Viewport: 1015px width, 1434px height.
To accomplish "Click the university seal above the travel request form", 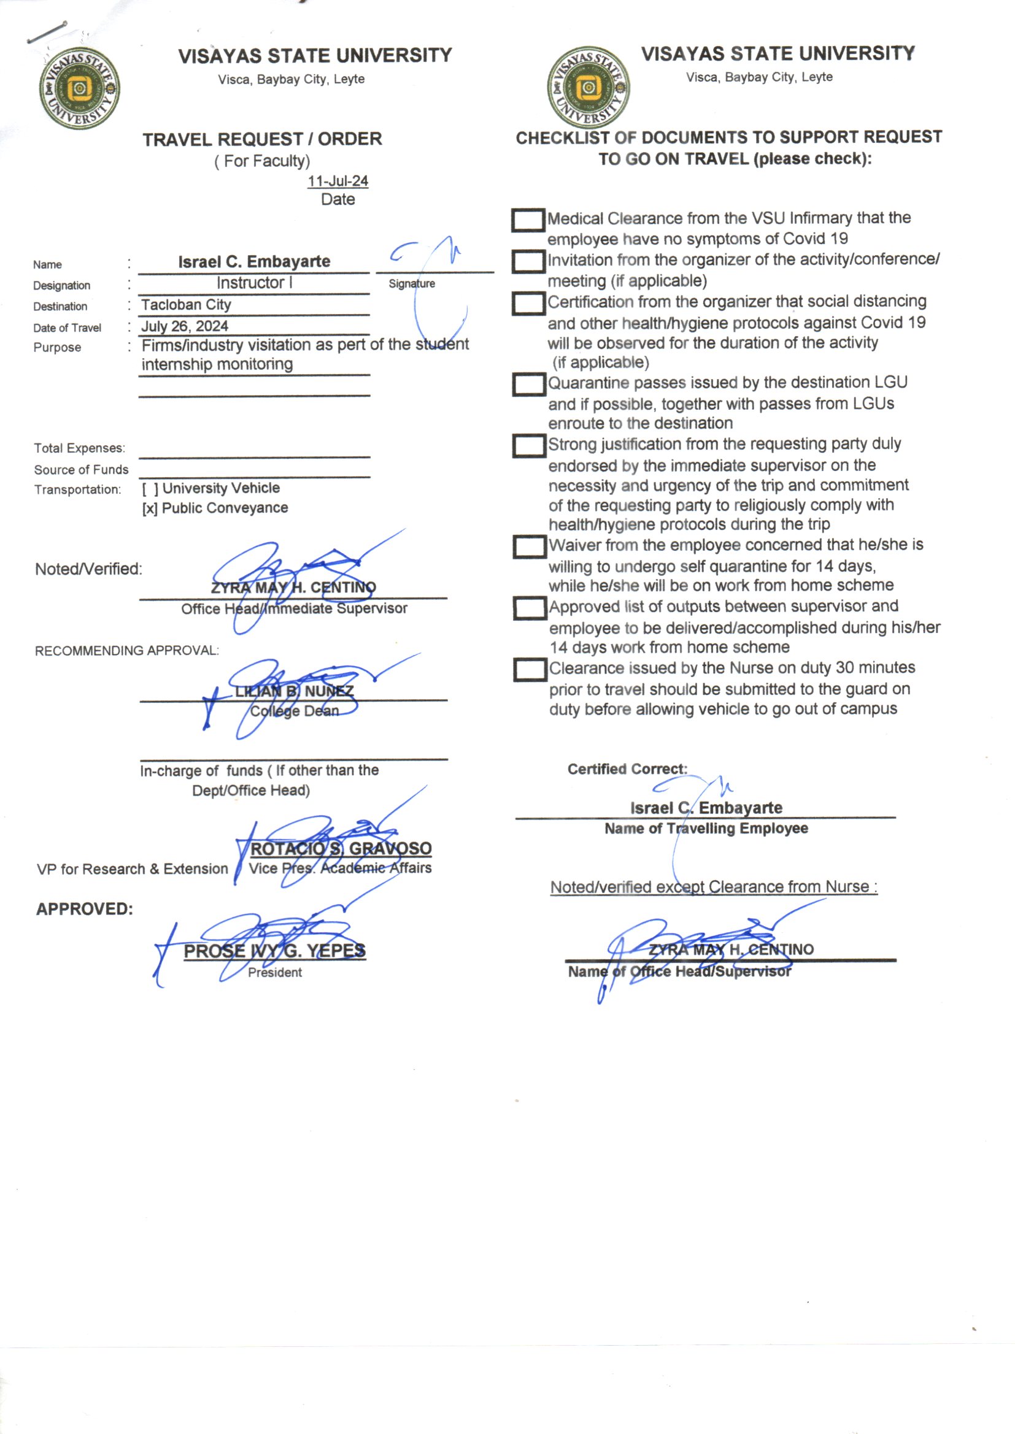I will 79,88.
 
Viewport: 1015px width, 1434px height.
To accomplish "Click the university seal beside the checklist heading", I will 588,88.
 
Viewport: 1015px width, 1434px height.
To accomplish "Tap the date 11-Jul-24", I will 338,181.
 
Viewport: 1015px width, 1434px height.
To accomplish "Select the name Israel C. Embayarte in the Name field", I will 254,262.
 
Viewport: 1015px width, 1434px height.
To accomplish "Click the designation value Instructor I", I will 254,283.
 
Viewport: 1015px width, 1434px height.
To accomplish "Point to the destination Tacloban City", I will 187,305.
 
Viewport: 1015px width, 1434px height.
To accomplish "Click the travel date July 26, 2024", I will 184,326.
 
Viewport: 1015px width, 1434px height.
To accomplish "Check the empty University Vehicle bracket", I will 150,488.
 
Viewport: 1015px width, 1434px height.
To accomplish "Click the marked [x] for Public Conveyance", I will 149,508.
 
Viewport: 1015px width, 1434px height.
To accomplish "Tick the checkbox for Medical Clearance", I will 528,220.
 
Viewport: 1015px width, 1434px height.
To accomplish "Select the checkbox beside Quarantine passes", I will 529,384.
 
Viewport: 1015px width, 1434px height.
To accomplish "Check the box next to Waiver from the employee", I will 530,546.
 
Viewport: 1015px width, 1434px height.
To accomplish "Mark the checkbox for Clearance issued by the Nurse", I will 530,670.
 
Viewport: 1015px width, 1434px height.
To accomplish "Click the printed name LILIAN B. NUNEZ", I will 295,691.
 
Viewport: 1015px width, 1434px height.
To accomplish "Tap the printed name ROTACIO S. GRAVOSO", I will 341,848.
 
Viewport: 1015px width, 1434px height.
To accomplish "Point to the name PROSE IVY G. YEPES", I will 274,951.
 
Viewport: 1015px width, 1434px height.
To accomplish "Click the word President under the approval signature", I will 274,972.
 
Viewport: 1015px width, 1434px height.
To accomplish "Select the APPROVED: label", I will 84,909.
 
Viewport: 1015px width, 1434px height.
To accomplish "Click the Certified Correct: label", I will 627,769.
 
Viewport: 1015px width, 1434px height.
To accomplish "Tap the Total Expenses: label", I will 79,448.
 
